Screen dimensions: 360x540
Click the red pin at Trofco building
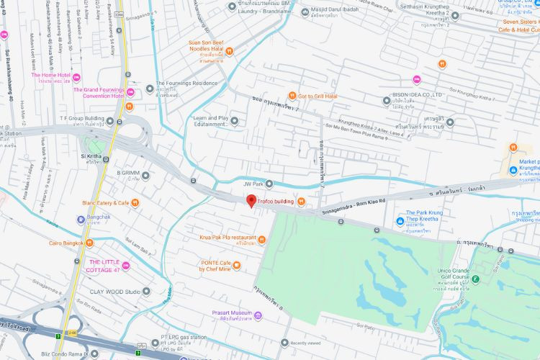click(x=251, y=201)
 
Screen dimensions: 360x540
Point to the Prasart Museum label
click(x=231, y=313)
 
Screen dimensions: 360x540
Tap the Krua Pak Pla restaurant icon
click(x=261, y=238)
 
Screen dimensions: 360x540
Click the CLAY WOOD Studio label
click(x=114, y=292)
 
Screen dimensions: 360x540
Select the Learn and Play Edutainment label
click(x=210, y=121)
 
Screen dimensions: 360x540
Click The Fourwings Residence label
click(x=186, y=84)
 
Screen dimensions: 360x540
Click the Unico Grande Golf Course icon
click(x=476, y=276)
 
